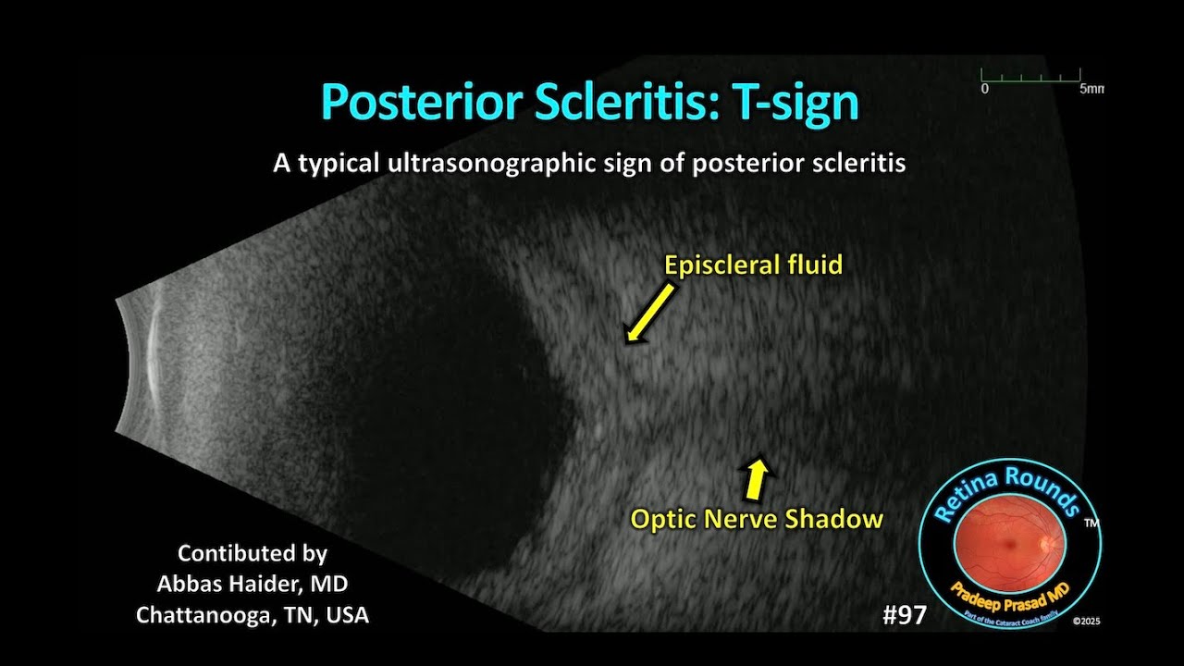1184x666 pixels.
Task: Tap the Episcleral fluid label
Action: tap(753, 265)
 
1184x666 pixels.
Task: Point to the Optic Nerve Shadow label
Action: tap(757, 519)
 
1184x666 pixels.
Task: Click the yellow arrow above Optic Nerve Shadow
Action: tap(758, 477)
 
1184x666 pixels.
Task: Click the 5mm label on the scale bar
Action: tap(1091, 90)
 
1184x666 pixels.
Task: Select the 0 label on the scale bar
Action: tap(985, 90)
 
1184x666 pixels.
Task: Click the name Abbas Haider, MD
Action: tap(252, 584)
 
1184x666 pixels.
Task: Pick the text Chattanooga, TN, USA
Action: tap(252, 614)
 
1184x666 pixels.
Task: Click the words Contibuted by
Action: tap(252, 553)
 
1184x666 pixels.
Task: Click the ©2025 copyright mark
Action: tap(1084, 623)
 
